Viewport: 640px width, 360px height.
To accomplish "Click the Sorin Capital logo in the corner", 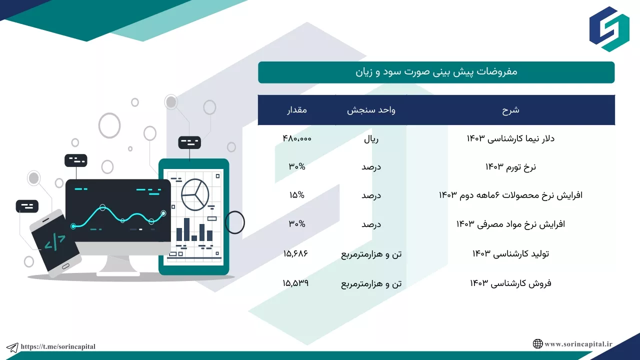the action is pos(609,29).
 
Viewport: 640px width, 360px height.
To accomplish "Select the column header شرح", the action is pos(510,110).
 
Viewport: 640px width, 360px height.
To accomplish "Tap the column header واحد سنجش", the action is pos(371,110).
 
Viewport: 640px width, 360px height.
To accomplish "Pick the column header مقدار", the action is pos(297,110).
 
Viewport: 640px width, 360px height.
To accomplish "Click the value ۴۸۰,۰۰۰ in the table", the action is pos(297,138).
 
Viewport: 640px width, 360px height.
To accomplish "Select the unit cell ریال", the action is pos(371,139).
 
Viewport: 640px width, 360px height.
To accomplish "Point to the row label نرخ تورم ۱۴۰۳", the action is pos(510,167).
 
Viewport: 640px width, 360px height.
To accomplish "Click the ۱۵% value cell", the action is pos(297,195).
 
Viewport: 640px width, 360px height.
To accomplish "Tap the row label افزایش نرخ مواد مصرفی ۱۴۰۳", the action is pos(510,224).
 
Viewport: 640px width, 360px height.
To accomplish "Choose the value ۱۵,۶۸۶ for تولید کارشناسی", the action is pos(295,253).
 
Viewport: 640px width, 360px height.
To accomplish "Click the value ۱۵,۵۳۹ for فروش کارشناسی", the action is pos(295,283).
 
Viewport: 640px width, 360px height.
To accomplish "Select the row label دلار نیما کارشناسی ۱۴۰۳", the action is pos(510,138).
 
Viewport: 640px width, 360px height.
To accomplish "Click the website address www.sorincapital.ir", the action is pos(578,344).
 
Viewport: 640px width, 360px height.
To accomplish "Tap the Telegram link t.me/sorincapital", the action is pos(58,346).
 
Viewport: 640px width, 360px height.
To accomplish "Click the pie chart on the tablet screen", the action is pos(195,194).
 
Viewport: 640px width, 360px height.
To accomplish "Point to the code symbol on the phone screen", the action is pos(55,242).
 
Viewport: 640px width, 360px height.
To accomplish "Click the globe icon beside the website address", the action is pos(537,343).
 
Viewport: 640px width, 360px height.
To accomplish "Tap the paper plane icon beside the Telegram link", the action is pos(12,347).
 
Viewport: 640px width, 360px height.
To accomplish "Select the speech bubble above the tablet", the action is pos(189,142).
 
